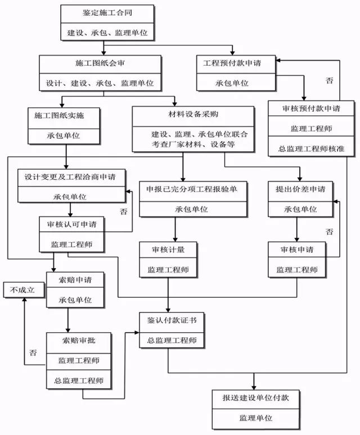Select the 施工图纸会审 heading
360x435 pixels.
(98, 63)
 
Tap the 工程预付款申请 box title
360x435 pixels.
(232, 63)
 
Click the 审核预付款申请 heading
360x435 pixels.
(311, 108)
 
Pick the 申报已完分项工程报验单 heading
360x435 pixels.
(192, 189)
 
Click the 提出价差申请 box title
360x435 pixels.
(296, 189)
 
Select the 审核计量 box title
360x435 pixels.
(169, 250)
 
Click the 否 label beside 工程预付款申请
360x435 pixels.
(330, 81)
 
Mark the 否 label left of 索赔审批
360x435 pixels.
(33, 352)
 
